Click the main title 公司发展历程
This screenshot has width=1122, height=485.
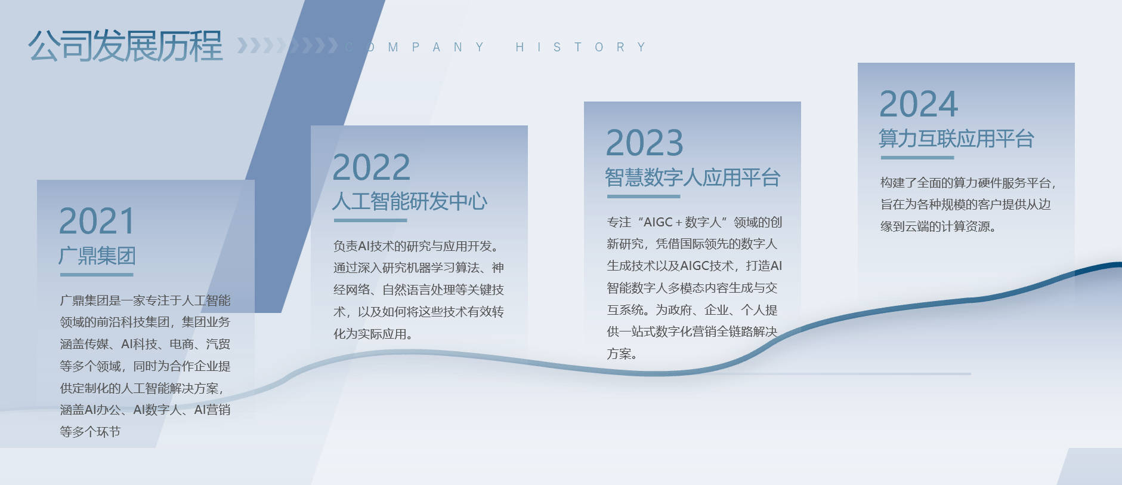(125, 46)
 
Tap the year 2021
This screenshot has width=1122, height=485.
(97, 222)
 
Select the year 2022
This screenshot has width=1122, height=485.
(371, 167)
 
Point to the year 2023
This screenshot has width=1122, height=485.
(644, 143)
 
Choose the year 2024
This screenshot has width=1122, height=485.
(919, 105)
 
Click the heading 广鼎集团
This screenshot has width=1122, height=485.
(97, 256)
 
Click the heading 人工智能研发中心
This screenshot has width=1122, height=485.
(410, 201)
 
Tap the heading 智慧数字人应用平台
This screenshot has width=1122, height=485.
(693, 177)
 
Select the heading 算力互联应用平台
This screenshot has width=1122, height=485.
(956, 139)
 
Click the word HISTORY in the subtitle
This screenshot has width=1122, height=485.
(581, 47)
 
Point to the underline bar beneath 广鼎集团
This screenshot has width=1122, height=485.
(97, 275)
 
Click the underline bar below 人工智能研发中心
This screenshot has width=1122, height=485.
(370, 220)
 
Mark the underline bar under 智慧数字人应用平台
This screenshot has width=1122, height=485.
(644, 196)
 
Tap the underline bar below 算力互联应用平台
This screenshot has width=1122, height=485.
(917, 158)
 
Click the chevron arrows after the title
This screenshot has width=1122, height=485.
(288, 45)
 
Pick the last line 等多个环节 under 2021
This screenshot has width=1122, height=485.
(90, 432)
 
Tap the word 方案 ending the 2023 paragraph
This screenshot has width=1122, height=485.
(619, 354)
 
